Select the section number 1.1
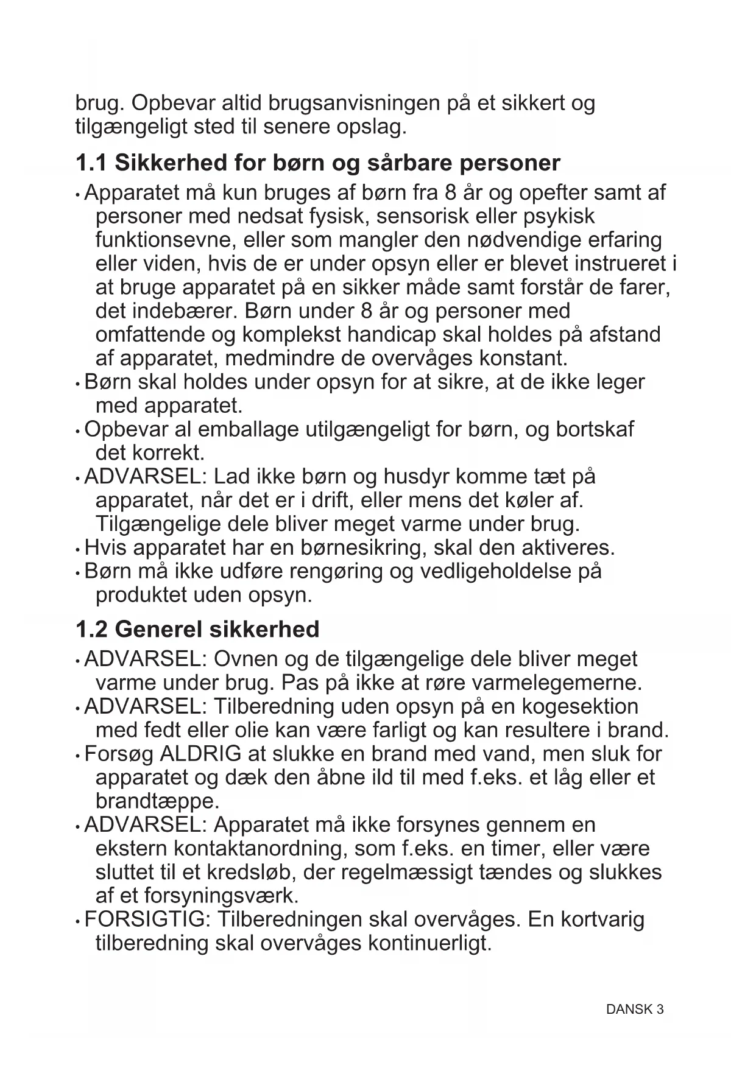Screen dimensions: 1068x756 [x=91, y=163]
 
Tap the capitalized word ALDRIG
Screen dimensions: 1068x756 [x=200, y=754]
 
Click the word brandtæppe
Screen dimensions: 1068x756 [x=157, y=801]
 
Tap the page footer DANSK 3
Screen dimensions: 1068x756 [x=635, y=1010]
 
